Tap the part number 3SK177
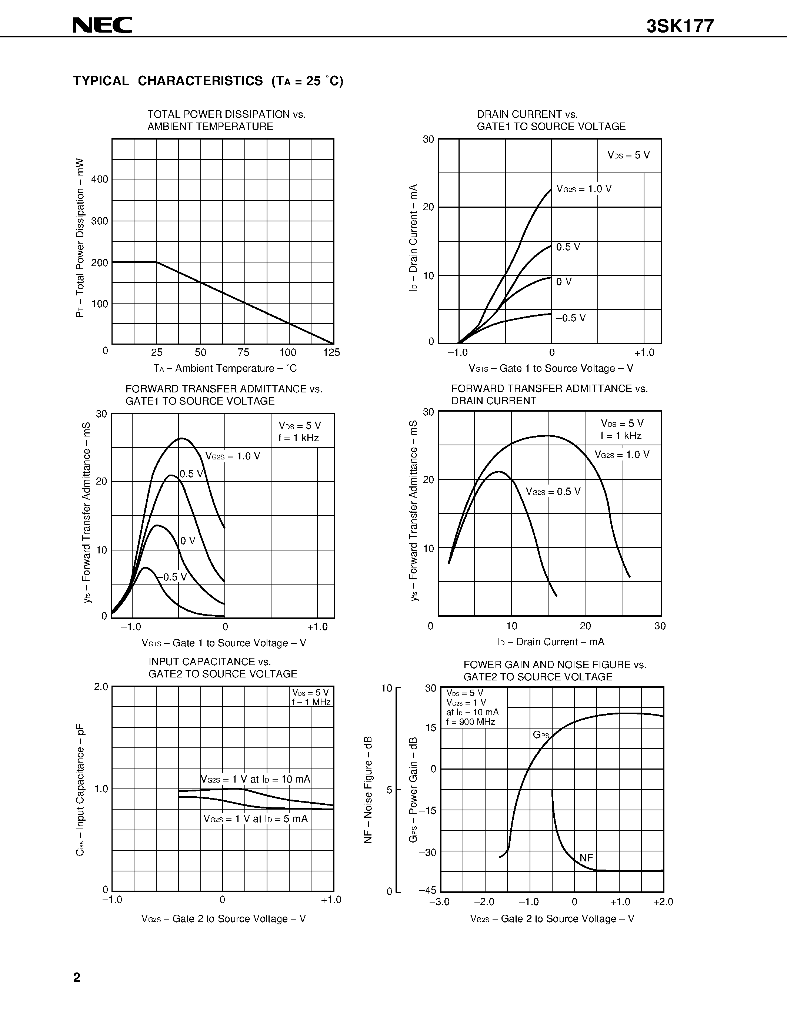click(x=680, y=27)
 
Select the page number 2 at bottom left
click(x=77, y=977)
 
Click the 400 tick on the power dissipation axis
click(x=99, y=180)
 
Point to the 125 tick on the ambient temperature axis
click(x=331, y=352)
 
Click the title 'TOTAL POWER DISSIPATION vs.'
click(x=227, y=114)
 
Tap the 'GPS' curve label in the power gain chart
click(x=541, y=735)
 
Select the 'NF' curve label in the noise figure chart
click(x=586, y=858)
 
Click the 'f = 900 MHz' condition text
click(x=470, y=722)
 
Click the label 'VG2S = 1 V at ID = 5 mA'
click(x=256, y=818)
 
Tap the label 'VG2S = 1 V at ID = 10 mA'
click(x=256, y=779)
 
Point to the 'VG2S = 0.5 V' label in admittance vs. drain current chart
click(x=553, y=491)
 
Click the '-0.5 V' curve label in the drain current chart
click(x=571, y=318)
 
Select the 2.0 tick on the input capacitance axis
click(x=101, y=687)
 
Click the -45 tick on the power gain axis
click(x=427, y=890)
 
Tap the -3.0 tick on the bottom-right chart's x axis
click(x=439, y=902)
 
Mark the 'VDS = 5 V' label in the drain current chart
click(x=628, y=155)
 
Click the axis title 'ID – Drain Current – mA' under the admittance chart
click(x=551, y=642)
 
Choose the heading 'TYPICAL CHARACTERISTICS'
click(x=168, y=81)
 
